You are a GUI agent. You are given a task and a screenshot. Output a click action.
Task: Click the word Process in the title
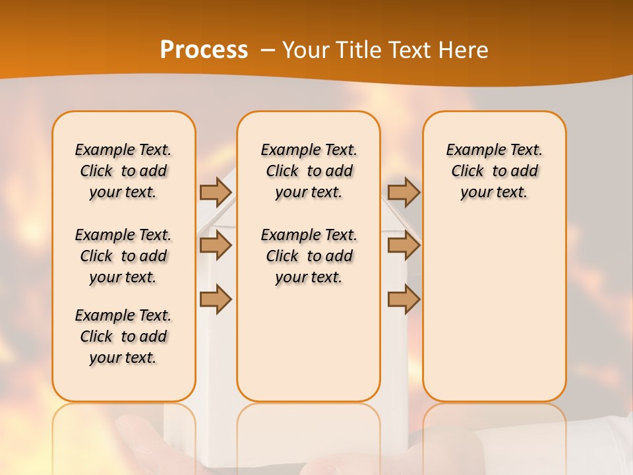[x=204, y=50]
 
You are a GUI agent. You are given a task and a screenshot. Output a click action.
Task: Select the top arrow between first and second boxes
[x=216, y=192]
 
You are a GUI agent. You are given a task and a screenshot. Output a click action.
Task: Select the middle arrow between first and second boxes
[x=216, y=246]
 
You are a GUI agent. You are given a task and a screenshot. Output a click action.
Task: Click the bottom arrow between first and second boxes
[x=216, y=299]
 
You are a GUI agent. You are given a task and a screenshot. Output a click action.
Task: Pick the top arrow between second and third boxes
[x=404, y=192]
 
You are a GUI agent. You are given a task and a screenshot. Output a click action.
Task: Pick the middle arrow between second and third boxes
[x=404, y=246]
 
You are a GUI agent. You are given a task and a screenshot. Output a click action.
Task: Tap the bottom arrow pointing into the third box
[x=404, y=300]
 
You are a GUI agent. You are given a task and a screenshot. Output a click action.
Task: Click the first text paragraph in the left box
[x=123, y=171]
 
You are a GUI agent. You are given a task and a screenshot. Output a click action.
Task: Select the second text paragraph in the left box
[x=123, y=256]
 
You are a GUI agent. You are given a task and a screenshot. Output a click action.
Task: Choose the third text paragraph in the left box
[x=123, y=336]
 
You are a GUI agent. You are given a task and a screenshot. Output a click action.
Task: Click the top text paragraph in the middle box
[x=309, y=171]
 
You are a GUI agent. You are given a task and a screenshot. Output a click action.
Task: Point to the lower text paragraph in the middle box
[x=309, y=256]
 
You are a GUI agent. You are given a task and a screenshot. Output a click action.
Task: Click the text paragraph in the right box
[x=495, y=171]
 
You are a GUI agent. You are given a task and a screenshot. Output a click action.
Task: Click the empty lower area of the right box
[x=495, y=310]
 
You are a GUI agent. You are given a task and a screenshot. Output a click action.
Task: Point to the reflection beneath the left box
[x=124, y=435]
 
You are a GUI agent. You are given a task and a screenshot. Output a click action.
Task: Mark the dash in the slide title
[x=268, y=50]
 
